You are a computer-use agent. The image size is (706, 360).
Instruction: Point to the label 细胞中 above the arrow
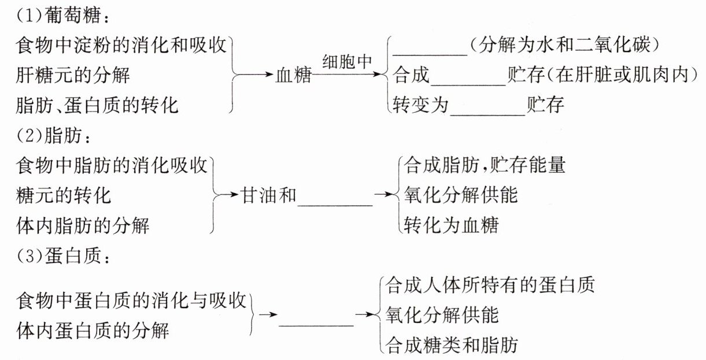tap(347, 62)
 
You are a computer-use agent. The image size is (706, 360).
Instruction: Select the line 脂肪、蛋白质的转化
tap(98, 105)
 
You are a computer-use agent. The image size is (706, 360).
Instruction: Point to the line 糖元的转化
tap(64, 195)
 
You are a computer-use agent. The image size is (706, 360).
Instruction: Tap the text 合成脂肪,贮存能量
tap(485, 165)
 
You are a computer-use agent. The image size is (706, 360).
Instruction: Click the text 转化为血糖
tap(452, 225)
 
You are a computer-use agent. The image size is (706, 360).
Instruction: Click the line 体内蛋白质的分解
tap(93, 331)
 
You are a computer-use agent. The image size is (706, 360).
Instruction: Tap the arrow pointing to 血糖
tap(257, 75)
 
